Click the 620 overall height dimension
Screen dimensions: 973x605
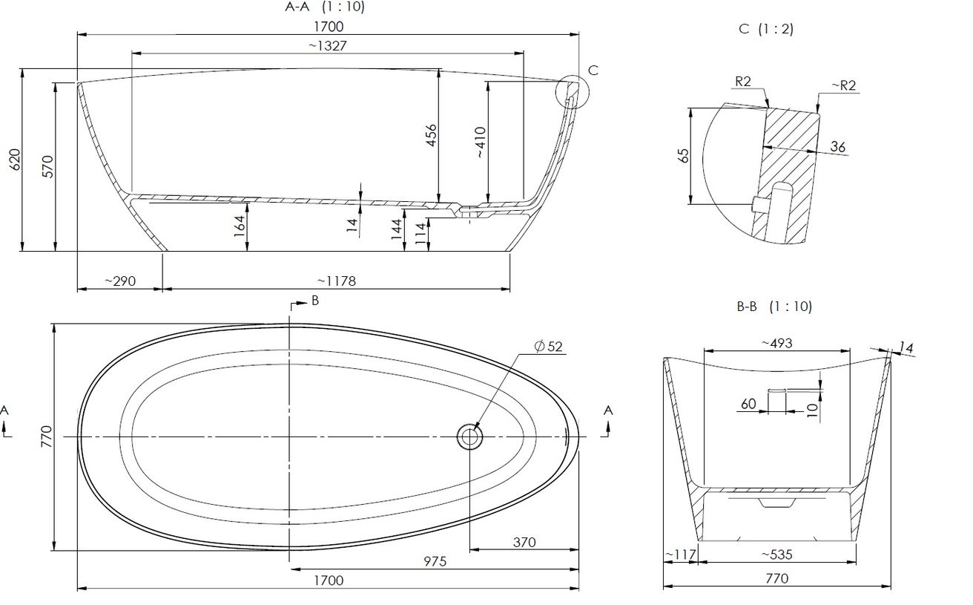[15, 160]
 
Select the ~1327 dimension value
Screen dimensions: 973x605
[328, 46]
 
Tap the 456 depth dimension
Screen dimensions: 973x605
[430, 135]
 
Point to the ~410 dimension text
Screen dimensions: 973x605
[480, 143]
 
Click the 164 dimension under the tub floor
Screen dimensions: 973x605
[240, 226]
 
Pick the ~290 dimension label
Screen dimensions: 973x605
[120, 281]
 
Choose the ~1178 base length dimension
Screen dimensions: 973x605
[337, 281]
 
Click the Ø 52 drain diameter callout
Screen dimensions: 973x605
[548, 347]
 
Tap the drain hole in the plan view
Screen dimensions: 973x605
[469, 436]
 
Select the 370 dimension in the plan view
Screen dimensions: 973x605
[524, 543]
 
